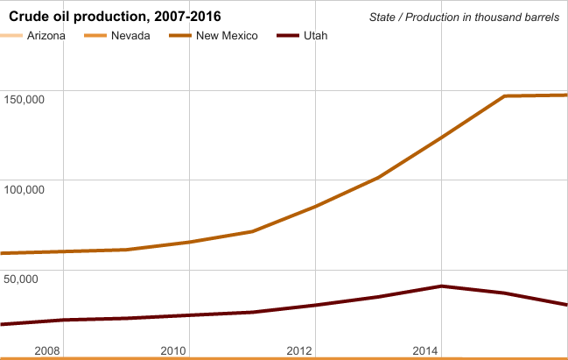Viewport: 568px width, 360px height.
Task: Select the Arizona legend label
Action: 46,36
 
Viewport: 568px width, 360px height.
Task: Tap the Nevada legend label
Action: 130,36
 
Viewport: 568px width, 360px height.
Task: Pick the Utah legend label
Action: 317,36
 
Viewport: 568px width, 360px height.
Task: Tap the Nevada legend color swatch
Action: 96,36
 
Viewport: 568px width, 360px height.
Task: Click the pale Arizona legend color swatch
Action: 12,36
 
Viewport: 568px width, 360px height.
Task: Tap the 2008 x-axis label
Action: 46,350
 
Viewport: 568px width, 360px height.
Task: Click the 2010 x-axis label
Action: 173,350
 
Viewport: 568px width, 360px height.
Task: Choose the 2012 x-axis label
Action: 299,350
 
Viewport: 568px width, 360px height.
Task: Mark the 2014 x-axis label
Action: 425,350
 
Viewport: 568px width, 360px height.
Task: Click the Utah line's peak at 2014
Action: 441,286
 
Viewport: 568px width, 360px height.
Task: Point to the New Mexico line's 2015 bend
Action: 505,95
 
